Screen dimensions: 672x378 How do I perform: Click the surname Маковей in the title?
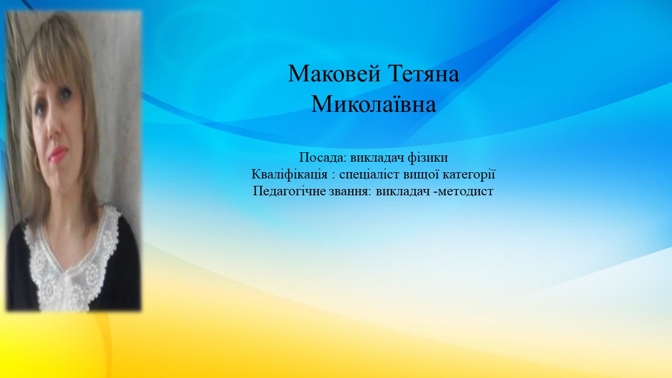point(334,73)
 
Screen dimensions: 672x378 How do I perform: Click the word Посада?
point(323,158)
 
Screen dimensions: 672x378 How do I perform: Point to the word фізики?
point(427,158)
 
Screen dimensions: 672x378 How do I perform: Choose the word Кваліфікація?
point(289,175)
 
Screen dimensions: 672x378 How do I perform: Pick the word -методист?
point(464,192)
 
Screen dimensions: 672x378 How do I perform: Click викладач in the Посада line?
point(376,158)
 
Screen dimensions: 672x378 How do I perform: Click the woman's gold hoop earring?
point(37,163)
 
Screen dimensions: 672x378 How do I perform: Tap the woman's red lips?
point(58,154)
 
